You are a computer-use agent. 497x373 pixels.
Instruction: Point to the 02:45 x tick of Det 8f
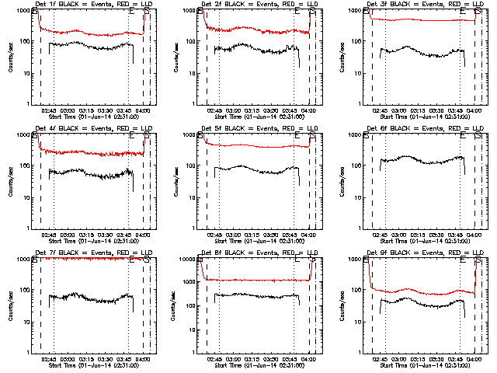(x=215, y=358)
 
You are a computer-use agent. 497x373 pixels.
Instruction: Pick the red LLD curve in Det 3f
(x=419, y=20)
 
